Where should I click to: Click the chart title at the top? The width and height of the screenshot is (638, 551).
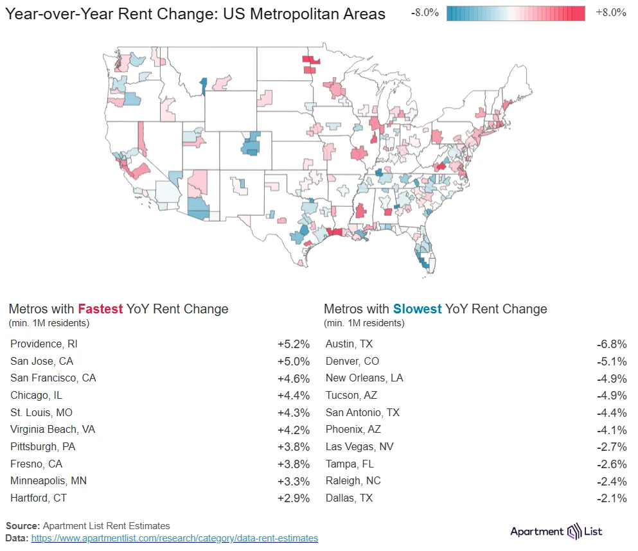[195, 14]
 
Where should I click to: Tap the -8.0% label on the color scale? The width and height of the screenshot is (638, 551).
[426, 13]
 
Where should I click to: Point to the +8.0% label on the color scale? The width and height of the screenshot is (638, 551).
[610, 13]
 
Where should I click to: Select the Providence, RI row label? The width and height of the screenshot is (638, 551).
[44, 344]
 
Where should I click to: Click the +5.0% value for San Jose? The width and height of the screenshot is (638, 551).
[294, 361]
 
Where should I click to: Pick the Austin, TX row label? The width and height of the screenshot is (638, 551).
[349, 344]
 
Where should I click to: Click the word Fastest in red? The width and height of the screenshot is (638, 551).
[100, 309]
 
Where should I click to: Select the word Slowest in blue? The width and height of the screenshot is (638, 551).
[418, 309]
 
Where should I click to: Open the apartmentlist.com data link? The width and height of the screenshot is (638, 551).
[174, 538]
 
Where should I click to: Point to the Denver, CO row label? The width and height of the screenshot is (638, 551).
[352, 361]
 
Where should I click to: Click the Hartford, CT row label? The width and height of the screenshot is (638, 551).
[39, 498]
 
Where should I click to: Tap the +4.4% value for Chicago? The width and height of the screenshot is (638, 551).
[294, 395]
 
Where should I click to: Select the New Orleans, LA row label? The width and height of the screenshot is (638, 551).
[364, 378]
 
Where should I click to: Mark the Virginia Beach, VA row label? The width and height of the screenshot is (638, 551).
[53, 429]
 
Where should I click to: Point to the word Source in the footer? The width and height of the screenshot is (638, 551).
[22, 526]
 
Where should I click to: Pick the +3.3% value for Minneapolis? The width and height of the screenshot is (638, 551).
[294, 480]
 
